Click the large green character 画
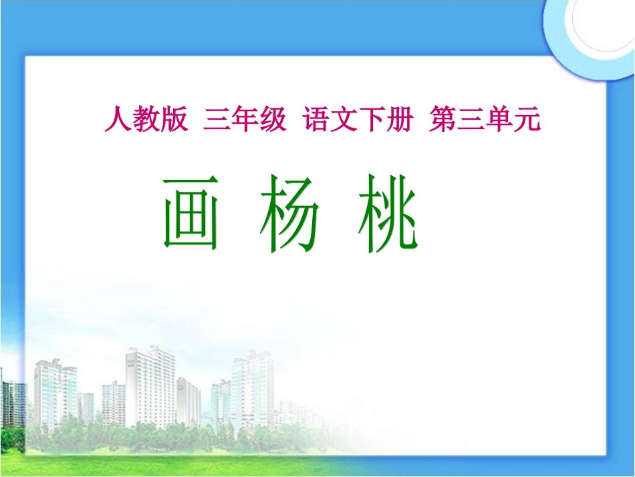pyautogui.click(x=190, y=213)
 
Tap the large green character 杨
pyautogui.click(x=288, y=213)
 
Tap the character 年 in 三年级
pyautogui.click(x=245, y=120)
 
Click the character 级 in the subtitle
pyautogui.click(x=273, y=120)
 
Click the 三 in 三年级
pyautogui.click(x=217, y=120)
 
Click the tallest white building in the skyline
pyautogui.click(x=150, y=385)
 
